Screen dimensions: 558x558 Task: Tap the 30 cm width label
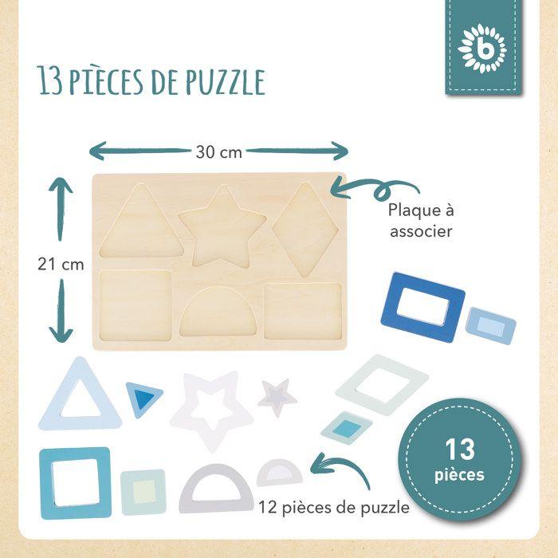[x=218, y=151]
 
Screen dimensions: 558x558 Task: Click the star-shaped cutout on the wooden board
[x=222, y=226]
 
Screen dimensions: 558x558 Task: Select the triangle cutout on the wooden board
[x=142, y=225]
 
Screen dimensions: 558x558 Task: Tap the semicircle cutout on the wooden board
[x=217, y=312]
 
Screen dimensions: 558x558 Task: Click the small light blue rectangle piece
[x=490, y=325]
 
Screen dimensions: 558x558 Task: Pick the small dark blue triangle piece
[x=143, y=396]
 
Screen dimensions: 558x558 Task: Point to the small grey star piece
[x=277, y=396]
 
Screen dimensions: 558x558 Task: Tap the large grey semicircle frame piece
[x=216, y=488]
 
